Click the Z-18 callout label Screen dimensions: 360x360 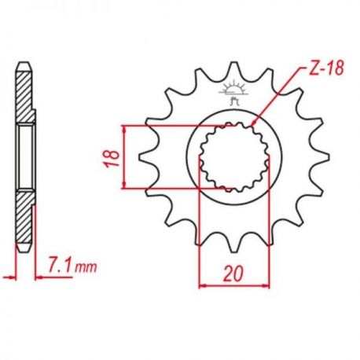click(326, 69)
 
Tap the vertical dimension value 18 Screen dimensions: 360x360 click(112, 159)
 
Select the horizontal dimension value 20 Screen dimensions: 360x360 click(233, 274)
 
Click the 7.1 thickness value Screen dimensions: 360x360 click(60, 267)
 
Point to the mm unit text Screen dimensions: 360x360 click(86, 268)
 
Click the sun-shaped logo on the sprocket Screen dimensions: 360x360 click(233, 92)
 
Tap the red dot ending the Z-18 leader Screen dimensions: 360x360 click(253, 123)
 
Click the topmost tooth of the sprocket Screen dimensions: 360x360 click(233, 68)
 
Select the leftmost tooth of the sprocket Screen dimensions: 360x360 click(148, 156)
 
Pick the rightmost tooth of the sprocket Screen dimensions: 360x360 click(320, 156)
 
